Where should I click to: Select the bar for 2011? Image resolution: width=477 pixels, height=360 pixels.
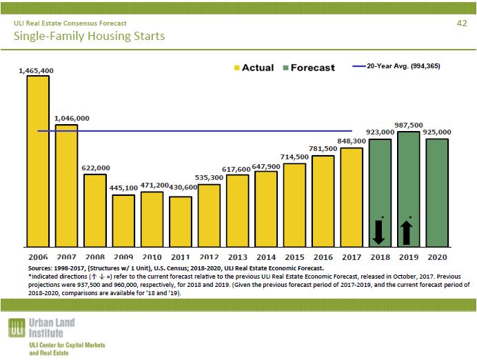(x=181, y=221)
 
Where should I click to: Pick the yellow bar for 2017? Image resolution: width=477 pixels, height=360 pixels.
(x=352, y=197)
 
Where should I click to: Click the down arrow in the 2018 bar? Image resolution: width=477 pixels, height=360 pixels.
(x=379, y=231)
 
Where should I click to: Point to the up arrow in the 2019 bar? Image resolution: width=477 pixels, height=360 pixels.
(x=408, y=231)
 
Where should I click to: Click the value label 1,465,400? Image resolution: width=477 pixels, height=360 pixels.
(x=37, y=70)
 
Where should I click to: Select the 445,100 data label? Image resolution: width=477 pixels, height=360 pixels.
(x=124, y=188)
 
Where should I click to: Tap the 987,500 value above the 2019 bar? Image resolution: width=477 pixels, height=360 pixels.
(x=409, y=125)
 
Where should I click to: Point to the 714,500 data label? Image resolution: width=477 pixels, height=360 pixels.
(x=295, y=157)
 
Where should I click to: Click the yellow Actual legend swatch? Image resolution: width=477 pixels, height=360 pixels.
(x=238, y=68)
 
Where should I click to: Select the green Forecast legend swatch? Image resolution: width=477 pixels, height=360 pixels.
(x=284, y=68)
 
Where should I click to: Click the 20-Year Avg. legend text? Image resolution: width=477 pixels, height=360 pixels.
(x=403, y=66)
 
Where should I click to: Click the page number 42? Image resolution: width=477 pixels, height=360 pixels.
(x=462, y=23)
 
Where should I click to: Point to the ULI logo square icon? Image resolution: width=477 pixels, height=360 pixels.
(x=17, y=329)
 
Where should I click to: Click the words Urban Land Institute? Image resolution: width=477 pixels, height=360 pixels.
(x=52, y=327)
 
